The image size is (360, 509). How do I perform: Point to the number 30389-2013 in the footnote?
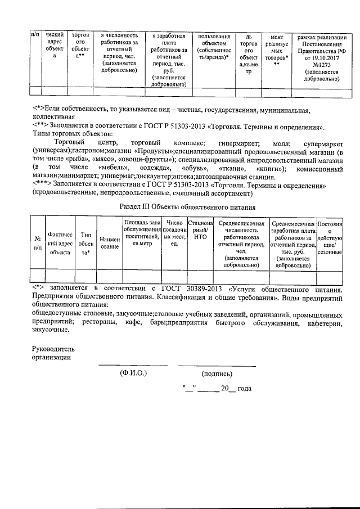pyautogui.click(x=186, y=289)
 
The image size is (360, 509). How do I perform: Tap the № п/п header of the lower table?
pyautogui.click(x=38, y=243)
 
